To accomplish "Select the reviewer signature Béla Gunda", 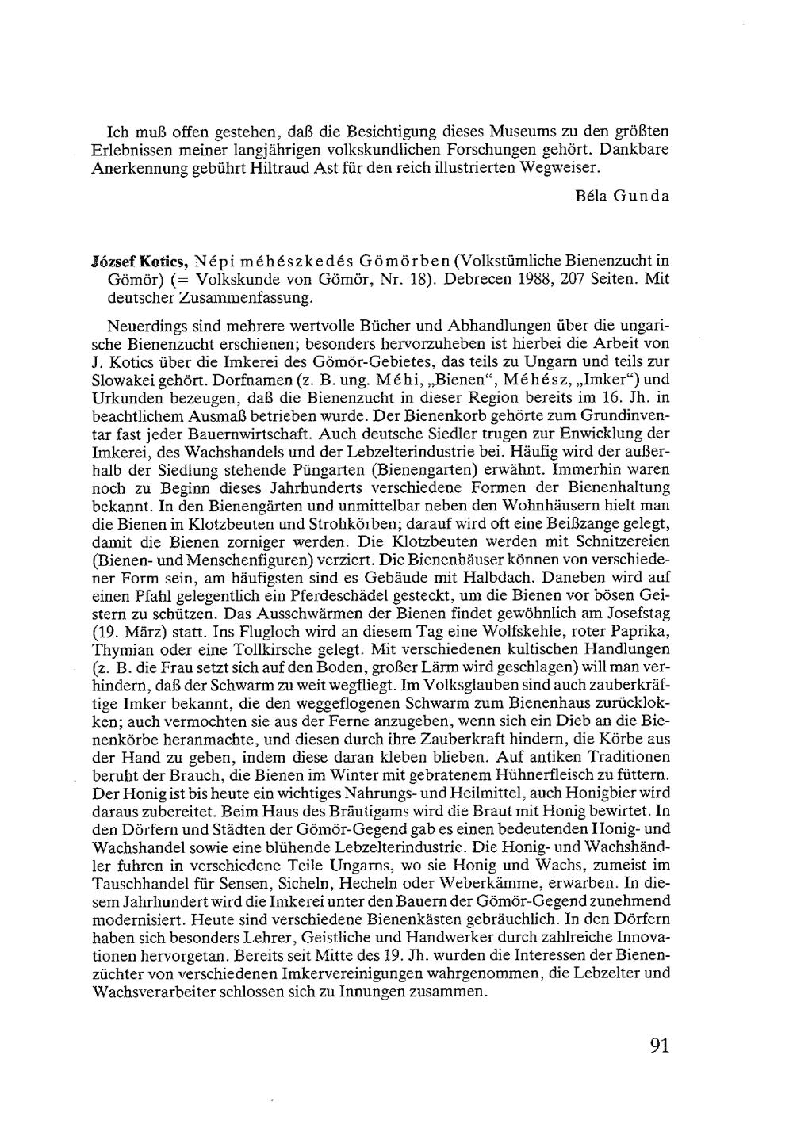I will click(x=623, y=196).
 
